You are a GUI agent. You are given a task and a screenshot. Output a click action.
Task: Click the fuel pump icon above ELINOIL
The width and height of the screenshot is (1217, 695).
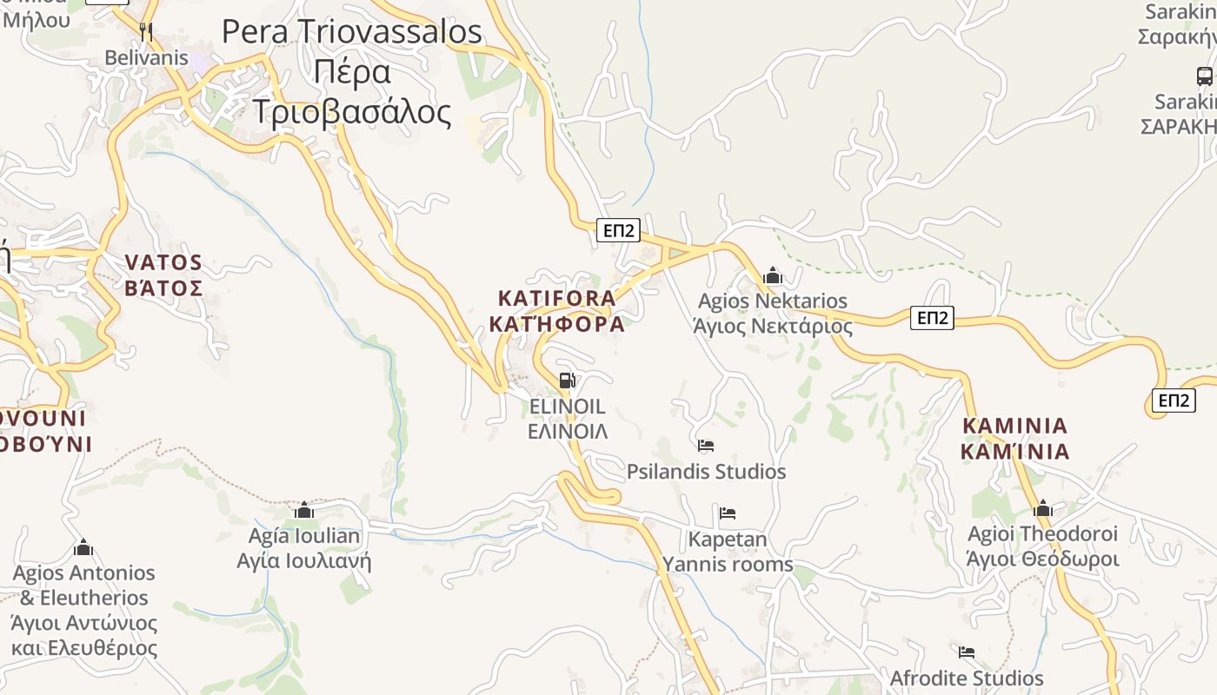click(x=567, y=381)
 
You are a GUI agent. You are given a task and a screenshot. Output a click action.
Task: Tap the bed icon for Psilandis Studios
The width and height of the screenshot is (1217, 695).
click(x=706, y=446)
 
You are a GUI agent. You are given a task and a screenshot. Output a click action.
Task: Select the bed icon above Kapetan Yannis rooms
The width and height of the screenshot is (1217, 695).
click(x=728, y=513)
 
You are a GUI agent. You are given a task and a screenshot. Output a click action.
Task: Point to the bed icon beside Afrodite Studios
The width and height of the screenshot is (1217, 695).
click(x=966, y=652)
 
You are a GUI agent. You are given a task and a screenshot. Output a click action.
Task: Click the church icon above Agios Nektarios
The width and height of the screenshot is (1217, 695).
click(x=772, y=276)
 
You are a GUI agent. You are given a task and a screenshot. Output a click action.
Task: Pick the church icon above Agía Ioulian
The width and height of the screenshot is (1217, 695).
click(x=303, y=510)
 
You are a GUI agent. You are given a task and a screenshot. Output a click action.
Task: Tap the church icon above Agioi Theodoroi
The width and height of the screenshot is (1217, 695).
click(x=1042, y=508)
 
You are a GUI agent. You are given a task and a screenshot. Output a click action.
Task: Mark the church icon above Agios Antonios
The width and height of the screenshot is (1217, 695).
click(x=83, y=548)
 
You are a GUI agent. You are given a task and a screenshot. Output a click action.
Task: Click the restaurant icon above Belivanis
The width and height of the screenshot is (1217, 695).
click(x=146, y=32)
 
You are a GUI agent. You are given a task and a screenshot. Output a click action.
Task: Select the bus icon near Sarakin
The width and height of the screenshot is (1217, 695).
click(x=1204, y=76)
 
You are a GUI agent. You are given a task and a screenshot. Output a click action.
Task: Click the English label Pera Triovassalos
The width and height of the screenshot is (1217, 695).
click(x=351, y=32)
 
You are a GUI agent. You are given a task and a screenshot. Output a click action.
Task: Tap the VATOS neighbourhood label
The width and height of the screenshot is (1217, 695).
click(x=163, y=262)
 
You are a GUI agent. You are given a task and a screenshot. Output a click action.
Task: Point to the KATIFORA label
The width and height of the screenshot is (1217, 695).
click(x=556, y=298)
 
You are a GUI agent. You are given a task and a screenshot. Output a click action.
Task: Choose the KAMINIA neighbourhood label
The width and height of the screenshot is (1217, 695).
click(x=1014, y=426)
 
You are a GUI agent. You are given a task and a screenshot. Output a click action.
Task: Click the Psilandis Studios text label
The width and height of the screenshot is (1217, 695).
click(x=706, y=472)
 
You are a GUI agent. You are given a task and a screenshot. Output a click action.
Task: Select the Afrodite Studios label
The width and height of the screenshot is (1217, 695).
click(x=966, y=678)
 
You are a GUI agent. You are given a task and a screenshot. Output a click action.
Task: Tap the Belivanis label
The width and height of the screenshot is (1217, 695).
click(x=146, y=57)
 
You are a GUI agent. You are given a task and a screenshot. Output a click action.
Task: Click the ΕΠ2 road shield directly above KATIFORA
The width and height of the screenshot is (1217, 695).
click(x=619, y=230)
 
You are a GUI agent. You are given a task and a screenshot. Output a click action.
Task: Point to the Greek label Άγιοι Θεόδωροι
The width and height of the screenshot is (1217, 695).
click(x=1042, y=558)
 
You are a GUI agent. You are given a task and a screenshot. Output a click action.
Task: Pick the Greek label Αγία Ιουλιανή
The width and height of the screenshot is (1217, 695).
click(x=303, y=560)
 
